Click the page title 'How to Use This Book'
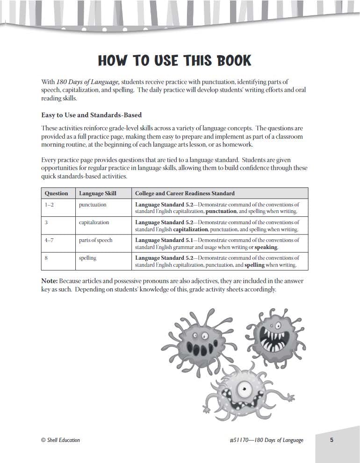174,61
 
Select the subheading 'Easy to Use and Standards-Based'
91,115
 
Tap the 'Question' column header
56,193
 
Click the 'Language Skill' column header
98,193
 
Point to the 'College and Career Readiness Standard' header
185,193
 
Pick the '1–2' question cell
49,205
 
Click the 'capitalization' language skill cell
94,222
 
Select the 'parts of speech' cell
95,240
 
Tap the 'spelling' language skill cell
87,258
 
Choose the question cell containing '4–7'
50,240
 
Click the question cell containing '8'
46,258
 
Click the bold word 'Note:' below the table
49,281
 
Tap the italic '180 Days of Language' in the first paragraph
87,82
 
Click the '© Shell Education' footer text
60,440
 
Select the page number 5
331,440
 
